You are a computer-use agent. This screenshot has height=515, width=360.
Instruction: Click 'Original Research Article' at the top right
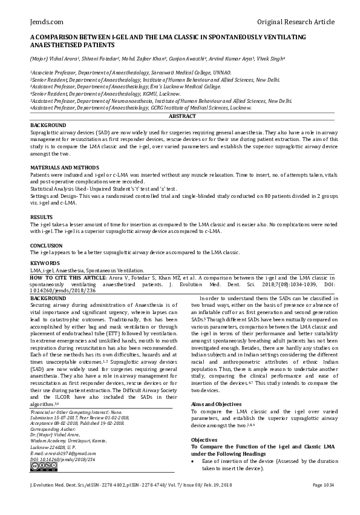click(295, 22)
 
